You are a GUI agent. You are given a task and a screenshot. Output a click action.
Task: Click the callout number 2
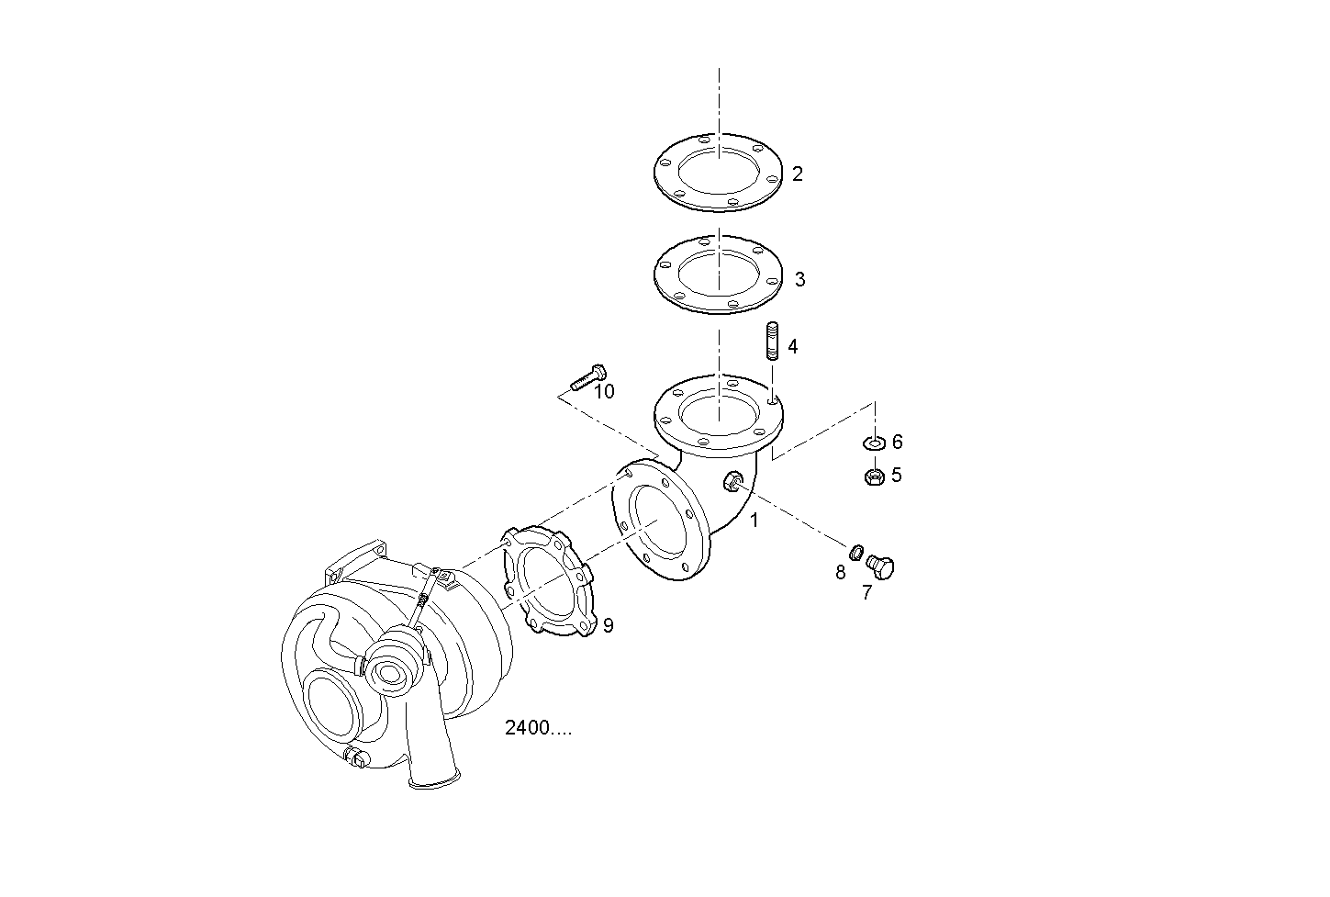click(x=798, y=174)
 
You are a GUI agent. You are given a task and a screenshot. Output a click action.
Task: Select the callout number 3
click(x=799, y=279)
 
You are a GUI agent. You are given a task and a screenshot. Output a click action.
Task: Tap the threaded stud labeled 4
click(x=773, y=341)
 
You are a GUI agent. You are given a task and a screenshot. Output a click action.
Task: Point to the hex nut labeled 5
click(x=874, y=477)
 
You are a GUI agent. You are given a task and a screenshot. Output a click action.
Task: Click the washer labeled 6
click(x=874, y=443)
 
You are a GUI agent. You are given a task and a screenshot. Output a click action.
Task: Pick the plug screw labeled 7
click(x=880, y=567)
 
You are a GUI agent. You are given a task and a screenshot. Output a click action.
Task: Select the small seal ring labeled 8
click(x=855, y=552)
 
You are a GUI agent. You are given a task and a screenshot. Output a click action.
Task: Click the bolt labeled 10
click(x=588, y=377)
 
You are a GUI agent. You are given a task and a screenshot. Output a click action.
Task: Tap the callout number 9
click(x=608, y=625)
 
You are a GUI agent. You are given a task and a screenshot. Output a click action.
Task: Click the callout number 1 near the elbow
click(x=754, y=521)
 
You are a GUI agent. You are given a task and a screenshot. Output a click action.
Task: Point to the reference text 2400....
click(x=538, y=728)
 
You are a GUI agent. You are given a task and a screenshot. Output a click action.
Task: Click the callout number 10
click(x=605, y=392)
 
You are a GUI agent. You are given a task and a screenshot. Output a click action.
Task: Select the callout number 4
click(x=793, y=347)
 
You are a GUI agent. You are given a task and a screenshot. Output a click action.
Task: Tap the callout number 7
click(x=866, y=593)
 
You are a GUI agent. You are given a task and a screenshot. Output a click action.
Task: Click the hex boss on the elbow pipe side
click(x=732, y=481)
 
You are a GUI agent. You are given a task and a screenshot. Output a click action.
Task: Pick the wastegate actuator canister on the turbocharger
click(x=395, y=661)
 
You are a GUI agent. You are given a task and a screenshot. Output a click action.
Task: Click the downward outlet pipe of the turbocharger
click(x=433, y=755)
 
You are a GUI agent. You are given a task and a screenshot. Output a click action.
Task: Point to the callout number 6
click(x=897, y=442)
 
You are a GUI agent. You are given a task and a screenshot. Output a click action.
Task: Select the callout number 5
click(x=897, y=476)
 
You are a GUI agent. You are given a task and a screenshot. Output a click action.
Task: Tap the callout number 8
click(x=840, y=573)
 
